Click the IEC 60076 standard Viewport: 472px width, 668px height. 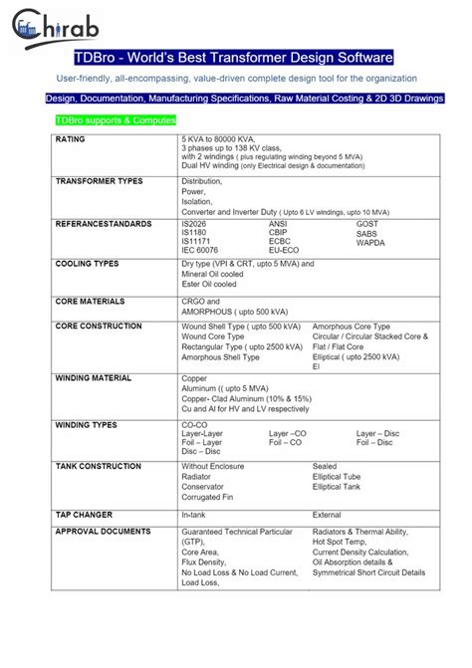pos(201,249)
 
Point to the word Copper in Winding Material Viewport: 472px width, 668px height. pos(193,379)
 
